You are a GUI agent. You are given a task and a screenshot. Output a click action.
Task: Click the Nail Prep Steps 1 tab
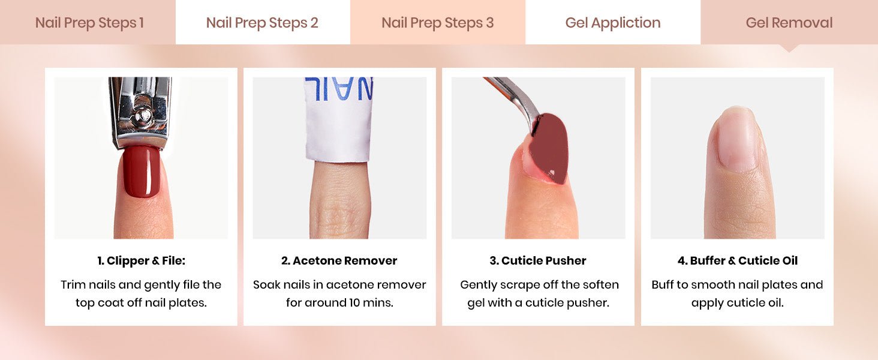click(89, 23)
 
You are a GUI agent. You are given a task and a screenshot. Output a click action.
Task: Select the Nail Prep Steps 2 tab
click(262, 23)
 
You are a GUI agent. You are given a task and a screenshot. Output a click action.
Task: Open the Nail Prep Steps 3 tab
click(438, 23)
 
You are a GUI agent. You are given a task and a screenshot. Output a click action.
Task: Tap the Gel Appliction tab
click(613, 23)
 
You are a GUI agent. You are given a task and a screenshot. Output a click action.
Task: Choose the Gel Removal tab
click(789, 23)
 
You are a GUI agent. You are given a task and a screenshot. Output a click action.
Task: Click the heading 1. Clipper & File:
click(141, 260)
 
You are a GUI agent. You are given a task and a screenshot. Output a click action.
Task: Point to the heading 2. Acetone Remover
click(339, 260)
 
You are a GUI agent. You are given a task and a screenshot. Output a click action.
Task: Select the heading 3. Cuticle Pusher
click(538, 260)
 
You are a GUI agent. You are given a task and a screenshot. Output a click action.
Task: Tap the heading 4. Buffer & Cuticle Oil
click(738, 260)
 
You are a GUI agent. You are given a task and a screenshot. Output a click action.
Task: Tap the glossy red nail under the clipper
click(142, 172)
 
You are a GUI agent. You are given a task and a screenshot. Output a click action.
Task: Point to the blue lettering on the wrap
click(339, 88)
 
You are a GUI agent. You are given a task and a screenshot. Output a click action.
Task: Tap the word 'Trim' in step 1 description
click(73, 284)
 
